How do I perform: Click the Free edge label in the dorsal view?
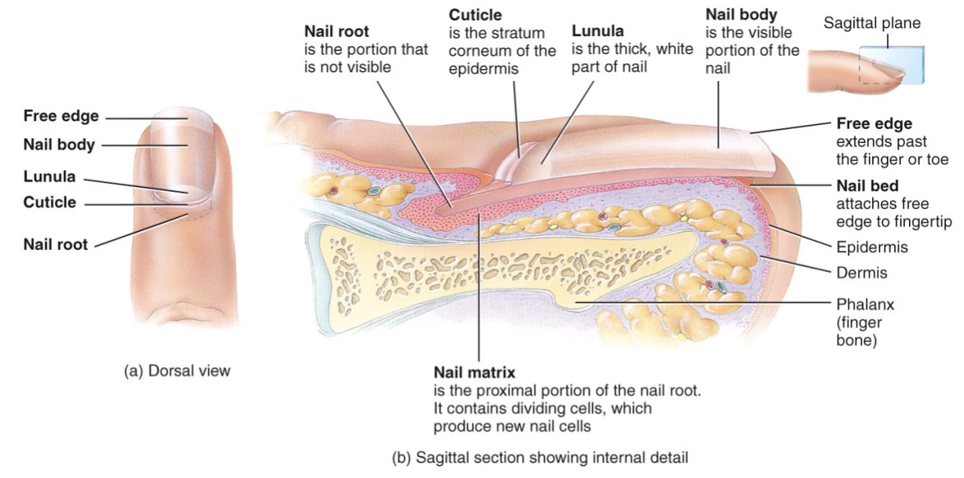click(x=61, y=116)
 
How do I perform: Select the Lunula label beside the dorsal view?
click(x=49, y=177)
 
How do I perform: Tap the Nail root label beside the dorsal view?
click(x=55, y=244)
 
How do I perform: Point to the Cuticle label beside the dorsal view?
click(x=50, y=202)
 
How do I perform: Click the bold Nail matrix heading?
click(x=474, y=371)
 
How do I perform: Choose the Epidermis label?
click(x=872, y=248)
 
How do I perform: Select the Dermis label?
click(x=861, y=273)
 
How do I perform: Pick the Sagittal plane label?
click(x=872, y=24)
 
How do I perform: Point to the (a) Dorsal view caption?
click(x=177, y=370)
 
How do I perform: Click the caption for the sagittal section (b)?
click(x=539, y=456)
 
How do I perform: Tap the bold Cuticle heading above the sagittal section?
click(x=475, y=15)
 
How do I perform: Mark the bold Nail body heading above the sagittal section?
click(x=741, y=15)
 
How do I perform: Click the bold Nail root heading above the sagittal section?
click(x=336, y=32)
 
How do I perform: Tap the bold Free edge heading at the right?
click(x=874, y=124)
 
